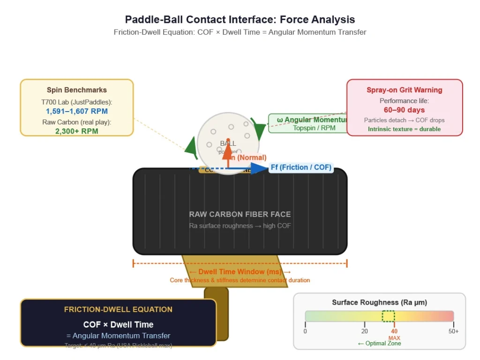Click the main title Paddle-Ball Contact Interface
tap(240, 20)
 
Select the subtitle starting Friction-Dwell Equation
tap(240, 32)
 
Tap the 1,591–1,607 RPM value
tap(77, 111)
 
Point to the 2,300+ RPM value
tap(77, 131)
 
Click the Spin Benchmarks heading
tap(77, 90)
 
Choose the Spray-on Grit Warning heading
tap(404, 90)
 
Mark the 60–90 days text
tap(404, 110)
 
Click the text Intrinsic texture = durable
tap(404, 129)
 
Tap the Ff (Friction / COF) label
tap(301, 167)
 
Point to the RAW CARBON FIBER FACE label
tap(240, 214)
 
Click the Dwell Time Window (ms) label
tap(240, 272)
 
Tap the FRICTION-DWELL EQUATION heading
tap(118, 309)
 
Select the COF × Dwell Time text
tap(118, 324)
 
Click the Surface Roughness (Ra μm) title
tap(379, 302)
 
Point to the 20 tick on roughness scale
tap(365, 331)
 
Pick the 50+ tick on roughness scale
tap(453, 331)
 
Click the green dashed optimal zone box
tap(388, 316)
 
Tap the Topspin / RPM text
tap(314, 127)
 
